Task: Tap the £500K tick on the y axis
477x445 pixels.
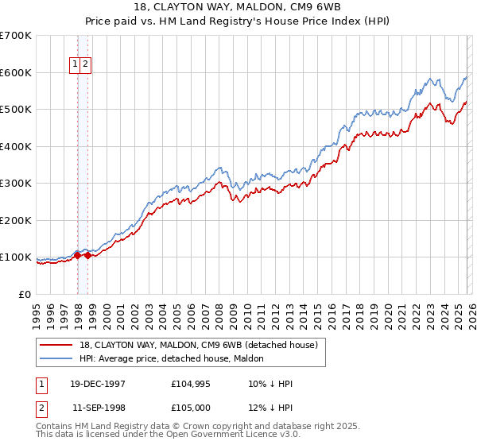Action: click(16, 110)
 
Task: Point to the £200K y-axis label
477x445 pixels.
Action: click(16, 221)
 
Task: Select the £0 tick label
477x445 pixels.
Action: click(25, 295)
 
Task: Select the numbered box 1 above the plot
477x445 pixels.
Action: click(76, 65)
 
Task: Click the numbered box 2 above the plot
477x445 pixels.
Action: click(85, 65)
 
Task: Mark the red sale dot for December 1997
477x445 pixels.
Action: click(78, 255)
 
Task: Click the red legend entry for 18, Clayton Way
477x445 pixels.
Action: click(198, 345)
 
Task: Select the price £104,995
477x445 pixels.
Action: click(189, 383)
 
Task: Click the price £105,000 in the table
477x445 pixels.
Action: click(189, 407)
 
